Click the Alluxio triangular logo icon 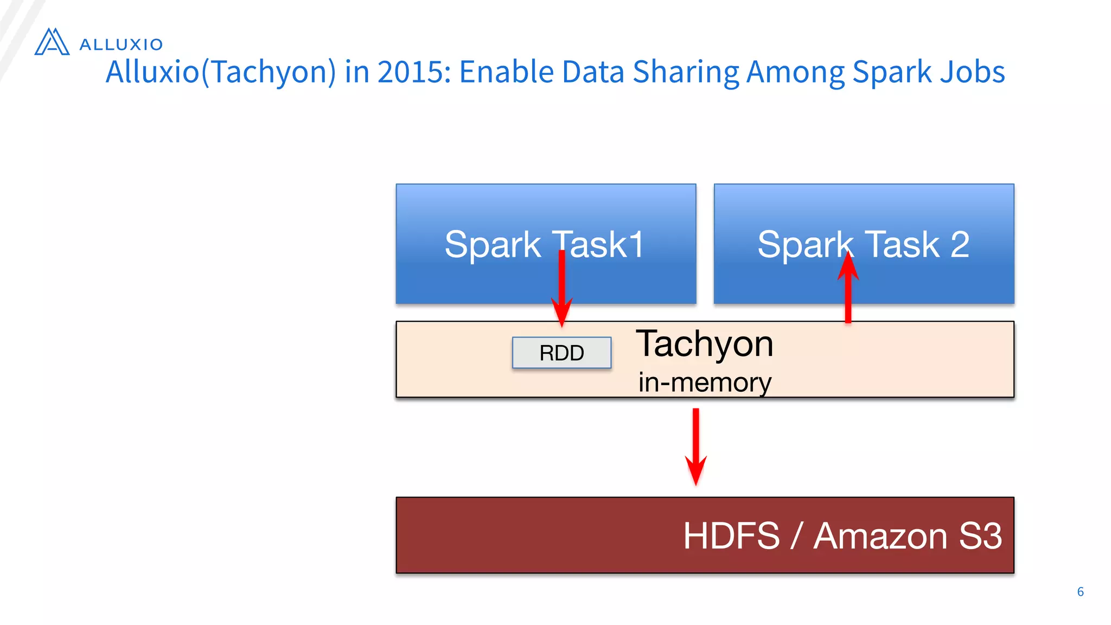[52, 42]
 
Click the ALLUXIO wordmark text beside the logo [121, 44]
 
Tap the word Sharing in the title [685, 72]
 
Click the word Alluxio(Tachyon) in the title [221, 72]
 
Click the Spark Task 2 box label [863, 244]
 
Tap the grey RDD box [561, 353]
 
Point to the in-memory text [705, 382]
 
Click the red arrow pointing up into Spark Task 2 [848, 288]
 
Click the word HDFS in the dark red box [731, 536]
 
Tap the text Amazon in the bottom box [880, 536]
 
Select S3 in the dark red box [980, 536]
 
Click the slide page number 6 [1080, 591]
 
